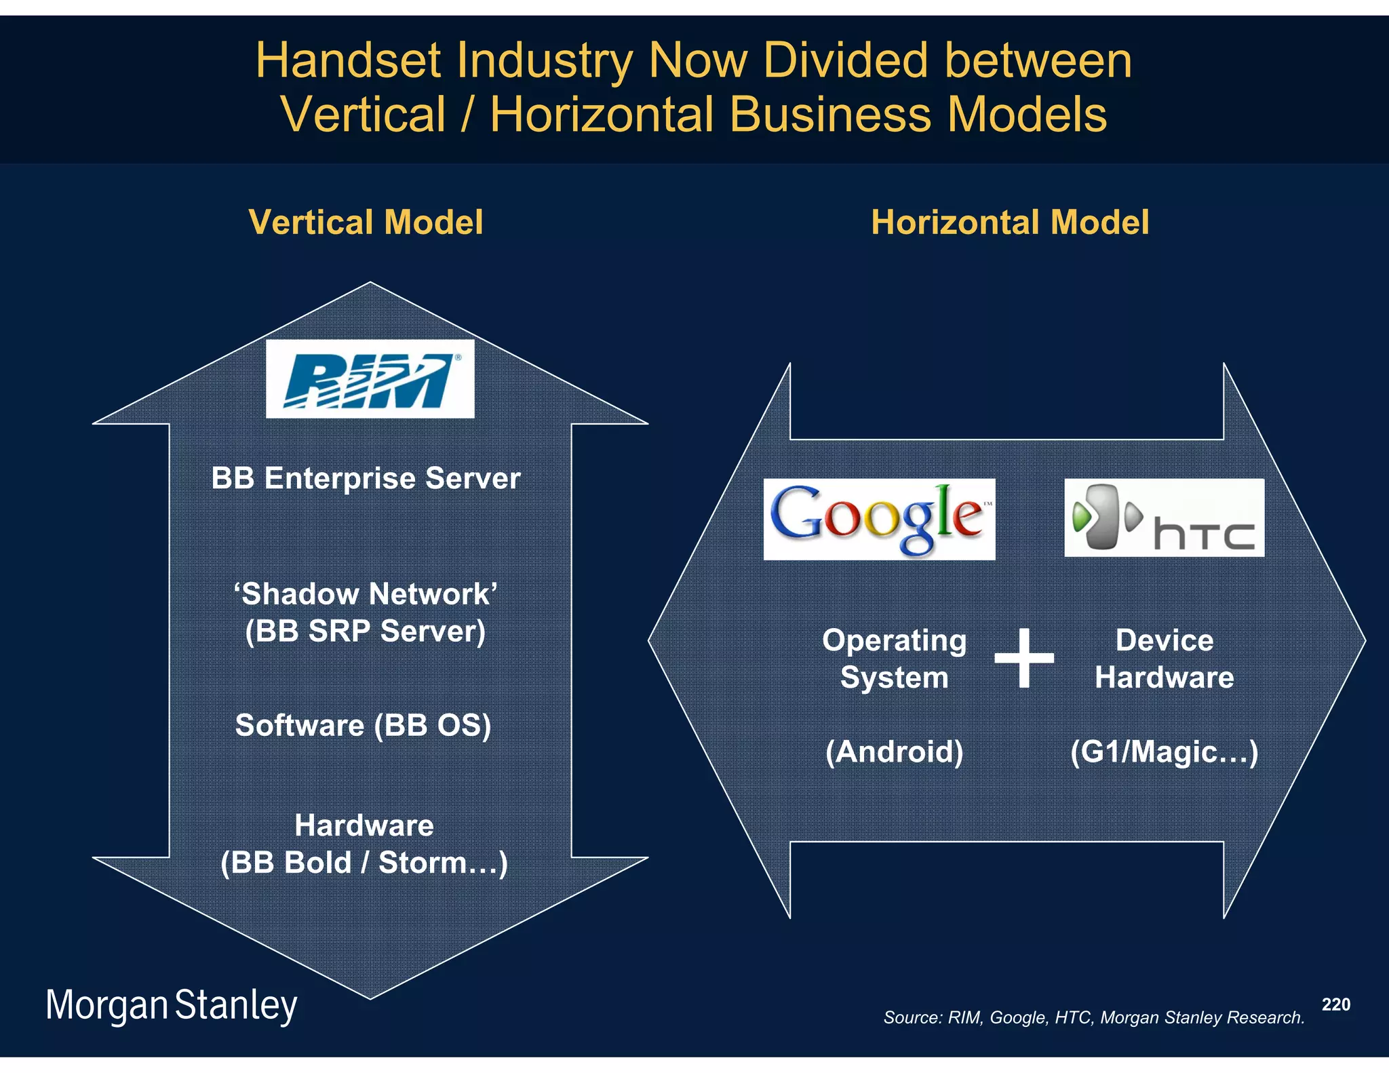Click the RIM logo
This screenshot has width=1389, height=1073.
pyautogui.click(x=370, y=378)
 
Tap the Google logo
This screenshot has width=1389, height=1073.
pyautogui.click(x=879, y=519)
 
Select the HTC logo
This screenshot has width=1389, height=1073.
pyautogui.click(x=1164, y=518)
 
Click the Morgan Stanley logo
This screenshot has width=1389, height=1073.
pyautogui.click(x=171, y=1005)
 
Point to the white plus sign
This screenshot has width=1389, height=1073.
pyautogui.click(x=1023, y=657)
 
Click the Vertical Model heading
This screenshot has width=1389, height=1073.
pyautogui.click(x=366, y=222)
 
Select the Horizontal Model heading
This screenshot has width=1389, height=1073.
pyautogui.click(x=1010, y=222)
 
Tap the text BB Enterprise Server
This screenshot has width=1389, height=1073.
pyautogui.click(x=366, y=478)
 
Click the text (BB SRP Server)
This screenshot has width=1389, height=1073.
pyautogui.click(x=366, y=631)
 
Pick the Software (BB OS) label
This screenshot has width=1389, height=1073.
pyautogui.click(x=363, y=725)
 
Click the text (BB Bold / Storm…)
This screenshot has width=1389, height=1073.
pyautogui.click(x=364, y=863)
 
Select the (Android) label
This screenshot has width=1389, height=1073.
pyautogui.click(x=894, y=752)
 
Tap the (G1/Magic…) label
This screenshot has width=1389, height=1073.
pyautogui.click(x=1164, y=752)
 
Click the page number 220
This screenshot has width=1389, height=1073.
pyautogui.click(x=1335, y=1004)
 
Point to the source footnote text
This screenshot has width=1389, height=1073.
pyautogui.click(x=1093, y=1017)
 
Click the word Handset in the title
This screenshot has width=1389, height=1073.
pyautogui.click(x=348, y=61)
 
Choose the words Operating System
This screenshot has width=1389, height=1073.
pyautogui.click(x=894, y=659)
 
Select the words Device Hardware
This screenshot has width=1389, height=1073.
pyautogui.click(x=1164, y=659)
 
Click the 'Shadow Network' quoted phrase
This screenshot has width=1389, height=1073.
pyautogui.click(x=366, y=594)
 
